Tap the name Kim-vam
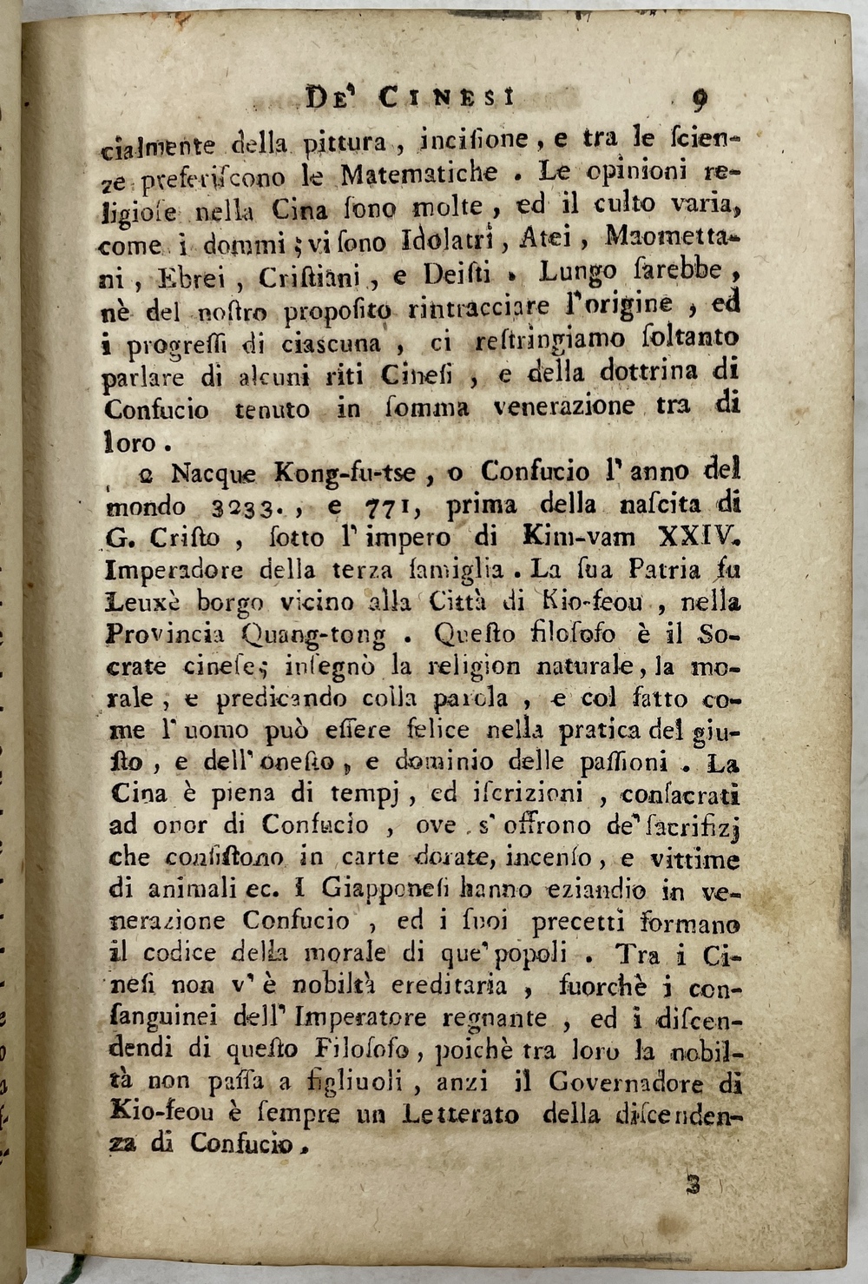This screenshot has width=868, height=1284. [x=588, y=538]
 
